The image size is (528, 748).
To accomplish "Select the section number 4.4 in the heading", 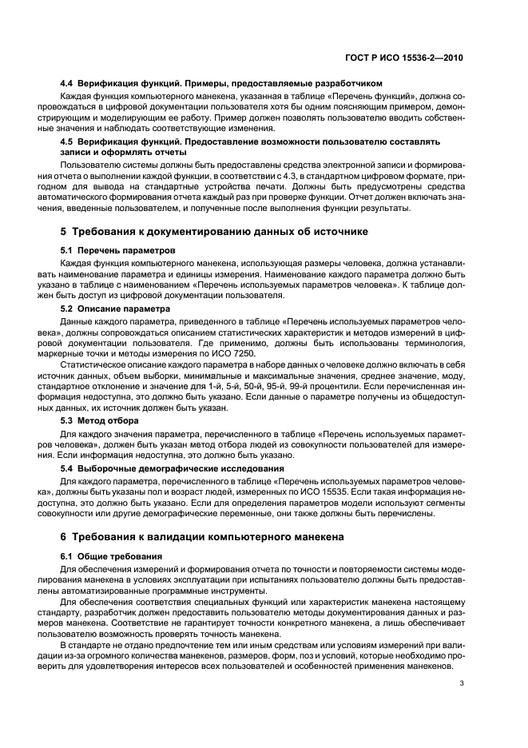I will click(x=67, y=83).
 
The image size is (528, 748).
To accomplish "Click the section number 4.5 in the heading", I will click(x=67, y=141).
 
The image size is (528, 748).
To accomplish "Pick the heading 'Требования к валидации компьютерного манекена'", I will click(x=208, y=537).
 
